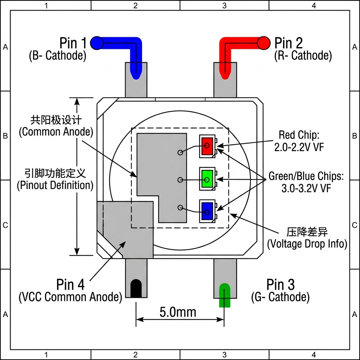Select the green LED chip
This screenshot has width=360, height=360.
(207, 179)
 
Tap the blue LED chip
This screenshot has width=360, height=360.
(207, 210)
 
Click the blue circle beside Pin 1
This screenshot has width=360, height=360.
(97, 43)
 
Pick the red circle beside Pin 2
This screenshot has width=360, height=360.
(263, 43)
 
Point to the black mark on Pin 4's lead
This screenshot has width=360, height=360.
(136, 289)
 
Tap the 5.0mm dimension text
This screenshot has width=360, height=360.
(178, 312)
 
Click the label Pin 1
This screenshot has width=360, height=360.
(73, 43)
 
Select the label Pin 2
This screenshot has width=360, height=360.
(288, 43)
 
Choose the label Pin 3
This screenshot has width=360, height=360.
(280, 284)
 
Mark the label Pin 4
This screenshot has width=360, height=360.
(70, 284)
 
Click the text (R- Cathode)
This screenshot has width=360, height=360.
(303, 56)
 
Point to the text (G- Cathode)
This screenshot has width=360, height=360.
(280, 297)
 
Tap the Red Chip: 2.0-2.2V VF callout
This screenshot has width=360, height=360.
(299, 141)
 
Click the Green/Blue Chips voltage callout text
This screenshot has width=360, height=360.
(306, 182)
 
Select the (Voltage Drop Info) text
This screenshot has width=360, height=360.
(307, 244)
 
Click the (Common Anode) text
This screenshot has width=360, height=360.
(56, 132)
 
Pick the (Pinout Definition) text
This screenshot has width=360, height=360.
(55, 185)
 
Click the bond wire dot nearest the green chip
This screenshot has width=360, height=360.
(180, 180)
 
